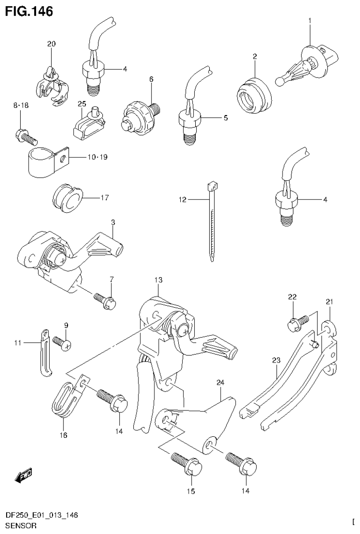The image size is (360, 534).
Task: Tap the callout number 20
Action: point(51,44)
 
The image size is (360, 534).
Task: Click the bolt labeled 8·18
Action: point(27,137)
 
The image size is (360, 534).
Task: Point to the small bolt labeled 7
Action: point(105,300)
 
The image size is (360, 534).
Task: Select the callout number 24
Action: point(220,383)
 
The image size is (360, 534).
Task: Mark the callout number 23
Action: point(276,360)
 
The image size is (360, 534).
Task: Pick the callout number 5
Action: point(225,118)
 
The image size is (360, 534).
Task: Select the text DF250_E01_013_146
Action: point(41,515)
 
